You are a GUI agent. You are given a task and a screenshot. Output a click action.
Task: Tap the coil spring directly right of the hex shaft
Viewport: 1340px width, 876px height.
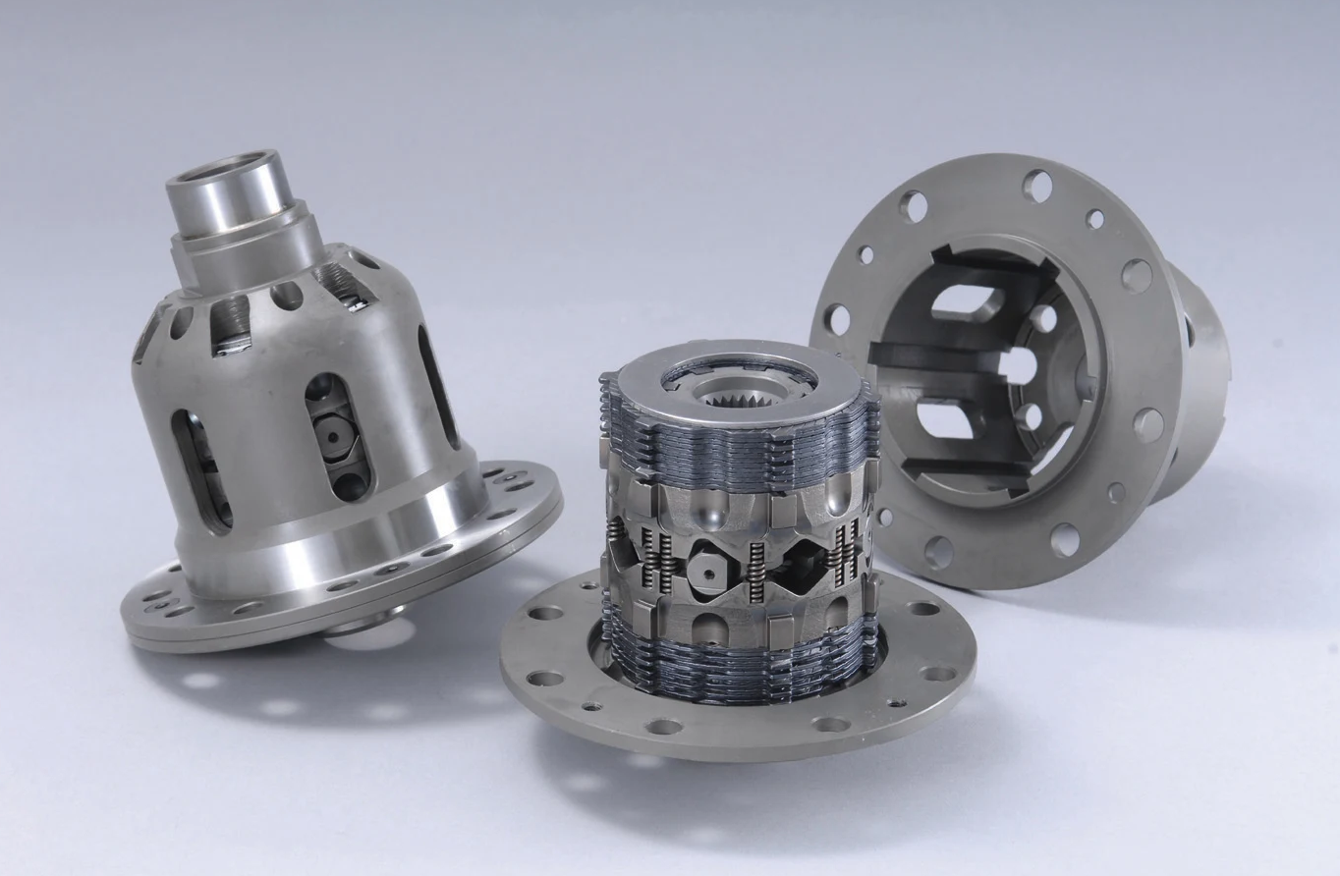click(x=756, y=570)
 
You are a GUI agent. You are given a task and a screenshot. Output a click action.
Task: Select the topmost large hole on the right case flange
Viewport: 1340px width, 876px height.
click(x=1037, y=185)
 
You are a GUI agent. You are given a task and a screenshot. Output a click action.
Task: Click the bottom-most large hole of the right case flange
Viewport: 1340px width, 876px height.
click(x=1065, y=539)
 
